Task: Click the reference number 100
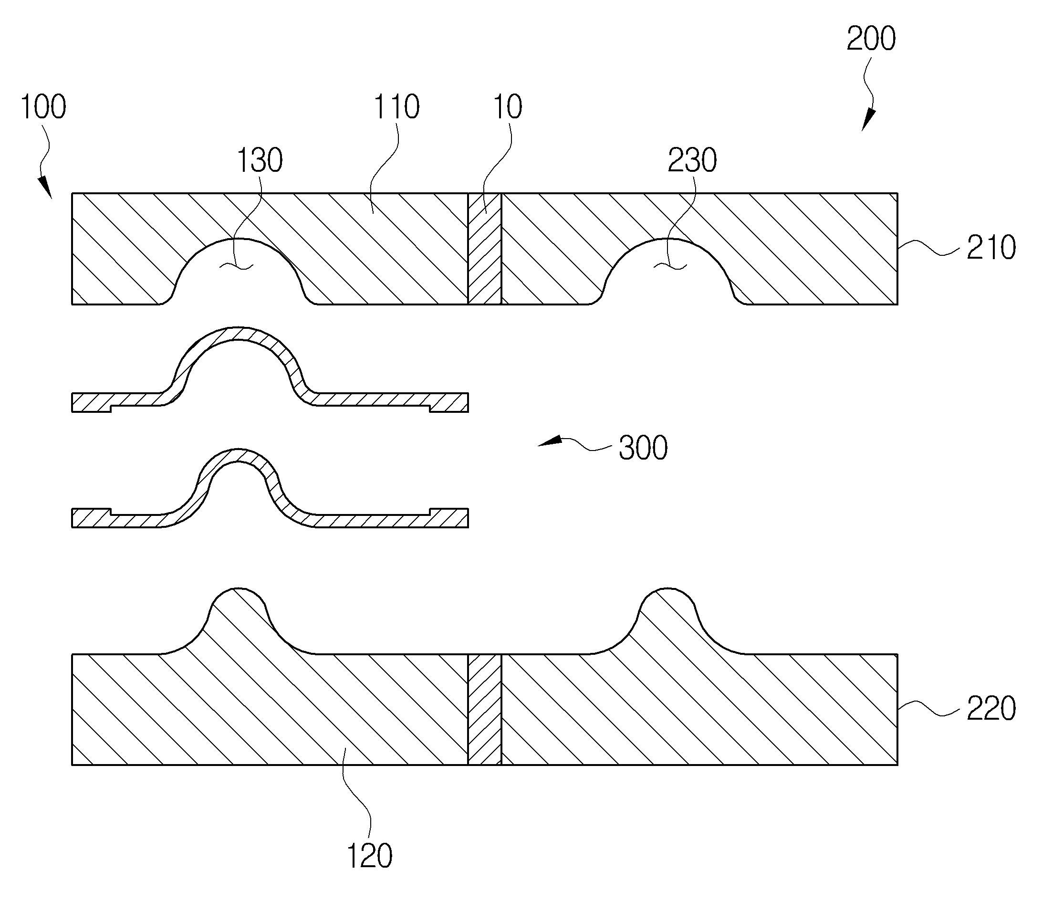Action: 43,107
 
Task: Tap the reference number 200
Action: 871,39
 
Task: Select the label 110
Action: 396,107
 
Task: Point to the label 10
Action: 508,107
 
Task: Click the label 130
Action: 260,160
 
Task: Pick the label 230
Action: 692,160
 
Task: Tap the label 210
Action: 991,248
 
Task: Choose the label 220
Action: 991,709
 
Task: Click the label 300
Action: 643,448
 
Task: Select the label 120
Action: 369,857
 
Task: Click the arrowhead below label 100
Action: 46,187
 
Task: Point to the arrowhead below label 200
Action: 868,122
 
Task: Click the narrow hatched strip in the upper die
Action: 484,249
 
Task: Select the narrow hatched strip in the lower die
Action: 484,709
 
